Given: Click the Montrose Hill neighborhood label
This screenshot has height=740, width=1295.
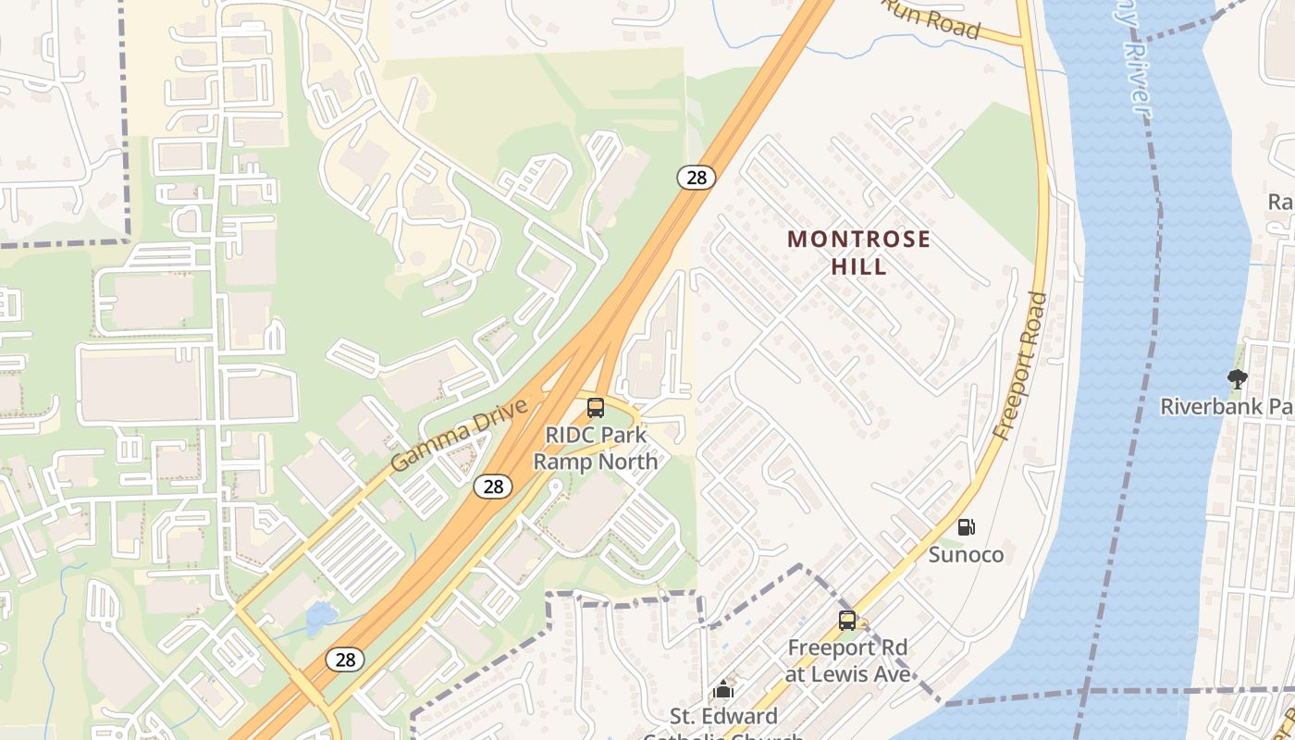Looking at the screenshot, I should (x=858, y=253).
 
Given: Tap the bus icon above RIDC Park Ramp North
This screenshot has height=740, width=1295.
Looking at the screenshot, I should (x=596, y=408).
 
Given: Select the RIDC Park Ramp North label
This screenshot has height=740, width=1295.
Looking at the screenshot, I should (x=596, y=448).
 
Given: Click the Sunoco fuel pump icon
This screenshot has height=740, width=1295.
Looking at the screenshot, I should (x=966, y=527).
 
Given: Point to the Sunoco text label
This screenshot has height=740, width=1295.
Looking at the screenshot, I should (x=966, y=555).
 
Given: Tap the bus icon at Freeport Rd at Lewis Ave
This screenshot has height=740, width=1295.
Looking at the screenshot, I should (x=846, y=621).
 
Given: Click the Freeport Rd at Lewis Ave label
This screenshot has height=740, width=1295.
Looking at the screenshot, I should (x=846, y=660).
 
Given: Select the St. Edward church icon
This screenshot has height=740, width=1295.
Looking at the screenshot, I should (x=723, y=689).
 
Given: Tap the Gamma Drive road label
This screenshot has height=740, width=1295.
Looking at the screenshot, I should (x=459, y=435).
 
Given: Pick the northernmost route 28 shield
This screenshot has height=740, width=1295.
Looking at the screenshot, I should (x=696, y=178).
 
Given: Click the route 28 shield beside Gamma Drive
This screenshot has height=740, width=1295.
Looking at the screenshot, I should (x=493, y=486).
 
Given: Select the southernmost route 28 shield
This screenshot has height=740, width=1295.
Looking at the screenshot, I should (x=344, y=660).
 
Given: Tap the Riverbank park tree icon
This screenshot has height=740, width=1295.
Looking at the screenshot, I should (x=1237, y=378).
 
